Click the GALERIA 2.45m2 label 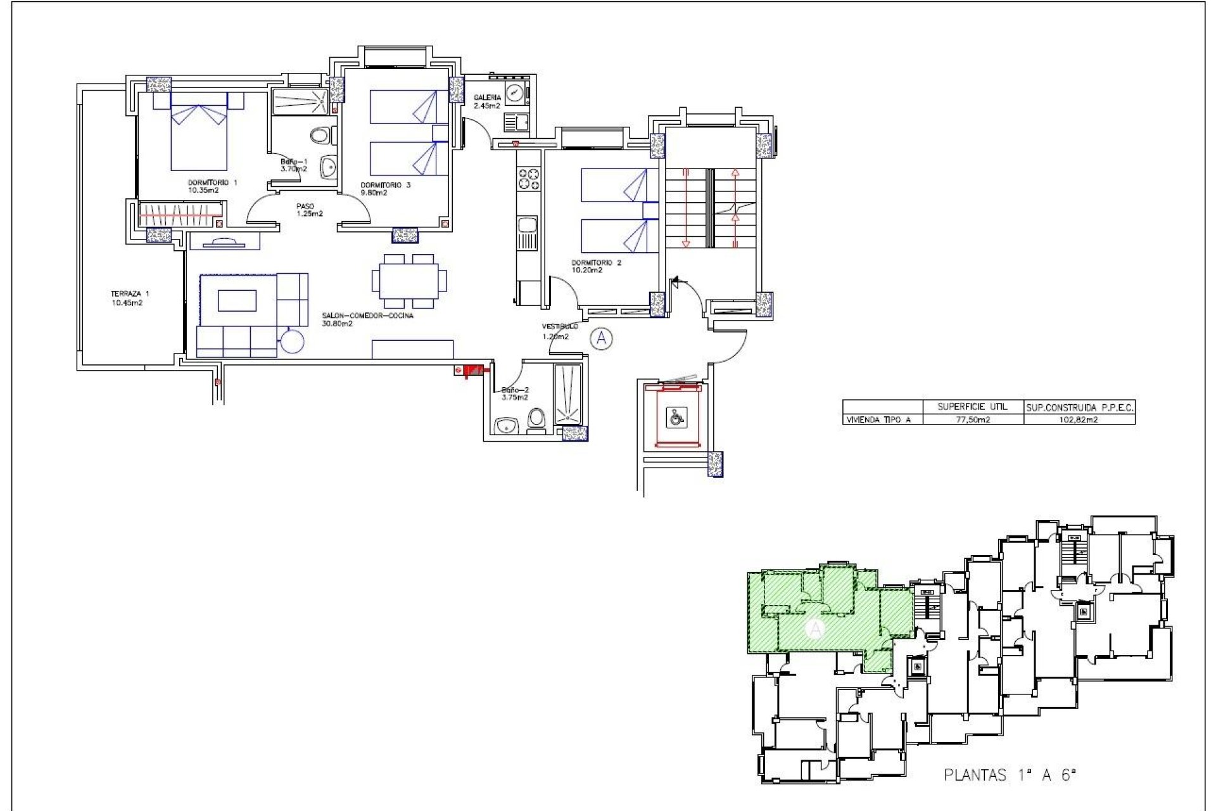coord(487,101)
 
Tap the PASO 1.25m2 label coord(308,210)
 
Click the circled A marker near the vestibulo coord(601,339)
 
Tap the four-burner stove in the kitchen coord(529,179)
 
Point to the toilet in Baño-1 coord(321,135)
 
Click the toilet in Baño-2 coord(536,419)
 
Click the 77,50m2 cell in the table coord(972,419)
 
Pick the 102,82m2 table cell coord(1079,419)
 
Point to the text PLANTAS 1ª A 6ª coord(1010,775)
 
